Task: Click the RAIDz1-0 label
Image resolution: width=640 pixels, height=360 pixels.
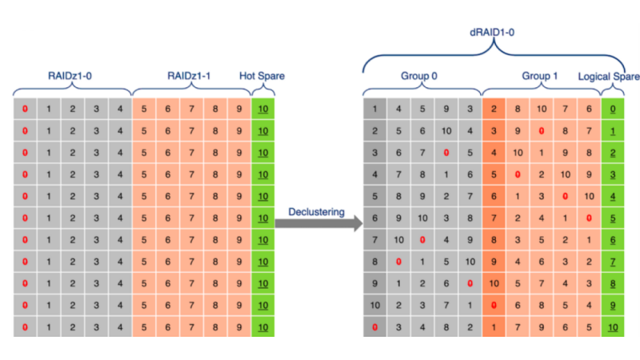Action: pos(71,76)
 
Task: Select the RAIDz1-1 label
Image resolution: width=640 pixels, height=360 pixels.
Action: pos(189,76)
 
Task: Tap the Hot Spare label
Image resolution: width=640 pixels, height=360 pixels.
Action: pos(262,76)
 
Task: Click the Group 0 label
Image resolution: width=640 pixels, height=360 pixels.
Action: pos(420,76)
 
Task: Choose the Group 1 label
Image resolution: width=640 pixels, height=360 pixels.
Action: pos(540,76)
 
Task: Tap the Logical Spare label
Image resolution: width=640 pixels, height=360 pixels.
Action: pos(609,76)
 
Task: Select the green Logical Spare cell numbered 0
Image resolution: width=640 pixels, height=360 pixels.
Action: pos(613,109)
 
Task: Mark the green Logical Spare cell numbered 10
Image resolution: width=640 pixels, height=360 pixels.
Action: pos(613,326)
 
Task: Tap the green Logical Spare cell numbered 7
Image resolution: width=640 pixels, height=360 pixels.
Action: pos(613,261)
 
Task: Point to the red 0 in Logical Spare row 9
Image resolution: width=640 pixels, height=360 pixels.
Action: pos(494,305)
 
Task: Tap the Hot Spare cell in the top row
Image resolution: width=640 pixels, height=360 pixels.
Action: pos(262,109)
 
